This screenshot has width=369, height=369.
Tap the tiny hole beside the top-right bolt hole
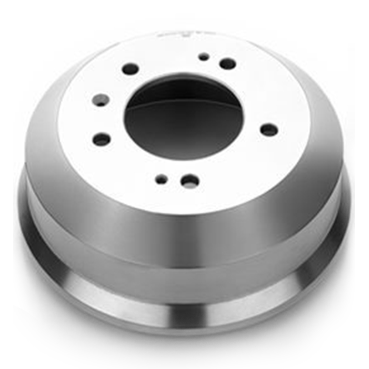coord(204,57)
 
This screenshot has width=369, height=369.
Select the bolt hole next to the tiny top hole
coord(228,64)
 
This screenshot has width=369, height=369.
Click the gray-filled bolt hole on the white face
coord(101,100)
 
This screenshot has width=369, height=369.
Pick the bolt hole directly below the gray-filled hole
coord(102,139)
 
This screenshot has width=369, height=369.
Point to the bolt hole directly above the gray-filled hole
coord(130,69)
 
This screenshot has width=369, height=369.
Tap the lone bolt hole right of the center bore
coord(269,130)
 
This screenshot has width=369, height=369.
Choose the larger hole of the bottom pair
coord(190,181)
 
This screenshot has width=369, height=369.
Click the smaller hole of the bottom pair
coord(161,179)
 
